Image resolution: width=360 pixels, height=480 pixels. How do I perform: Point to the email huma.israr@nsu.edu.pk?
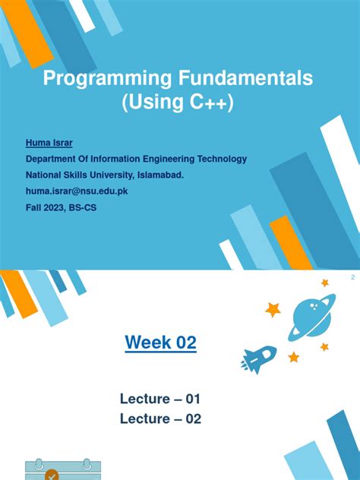pos(77,191)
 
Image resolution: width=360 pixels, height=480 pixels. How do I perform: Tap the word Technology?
pos(220,159)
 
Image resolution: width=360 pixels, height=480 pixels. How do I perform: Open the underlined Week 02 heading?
pos(160,343)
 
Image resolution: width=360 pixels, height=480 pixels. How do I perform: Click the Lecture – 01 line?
pos(160,399)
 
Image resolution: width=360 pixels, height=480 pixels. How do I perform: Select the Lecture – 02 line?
pos(160,418)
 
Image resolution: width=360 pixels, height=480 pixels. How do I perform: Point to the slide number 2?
pos(352,278)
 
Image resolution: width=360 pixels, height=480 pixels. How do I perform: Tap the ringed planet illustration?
pos(311,316)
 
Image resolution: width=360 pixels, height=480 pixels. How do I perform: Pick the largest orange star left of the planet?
pos(273,309)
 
